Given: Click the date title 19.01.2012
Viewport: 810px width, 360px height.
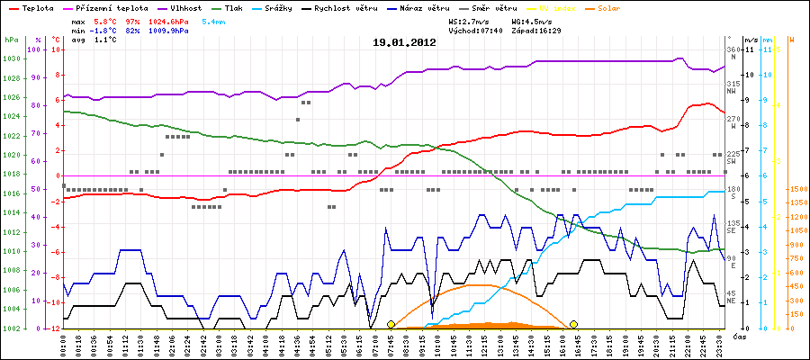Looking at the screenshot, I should pos(405,42).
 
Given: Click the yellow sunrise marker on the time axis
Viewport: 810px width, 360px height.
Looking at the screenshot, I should pos(391,324).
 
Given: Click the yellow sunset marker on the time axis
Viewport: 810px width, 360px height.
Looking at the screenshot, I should pos(573,324).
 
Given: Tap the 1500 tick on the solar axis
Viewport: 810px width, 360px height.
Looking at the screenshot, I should pos(796,189).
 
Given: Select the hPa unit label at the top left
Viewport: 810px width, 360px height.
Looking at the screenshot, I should pos(11,40).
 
